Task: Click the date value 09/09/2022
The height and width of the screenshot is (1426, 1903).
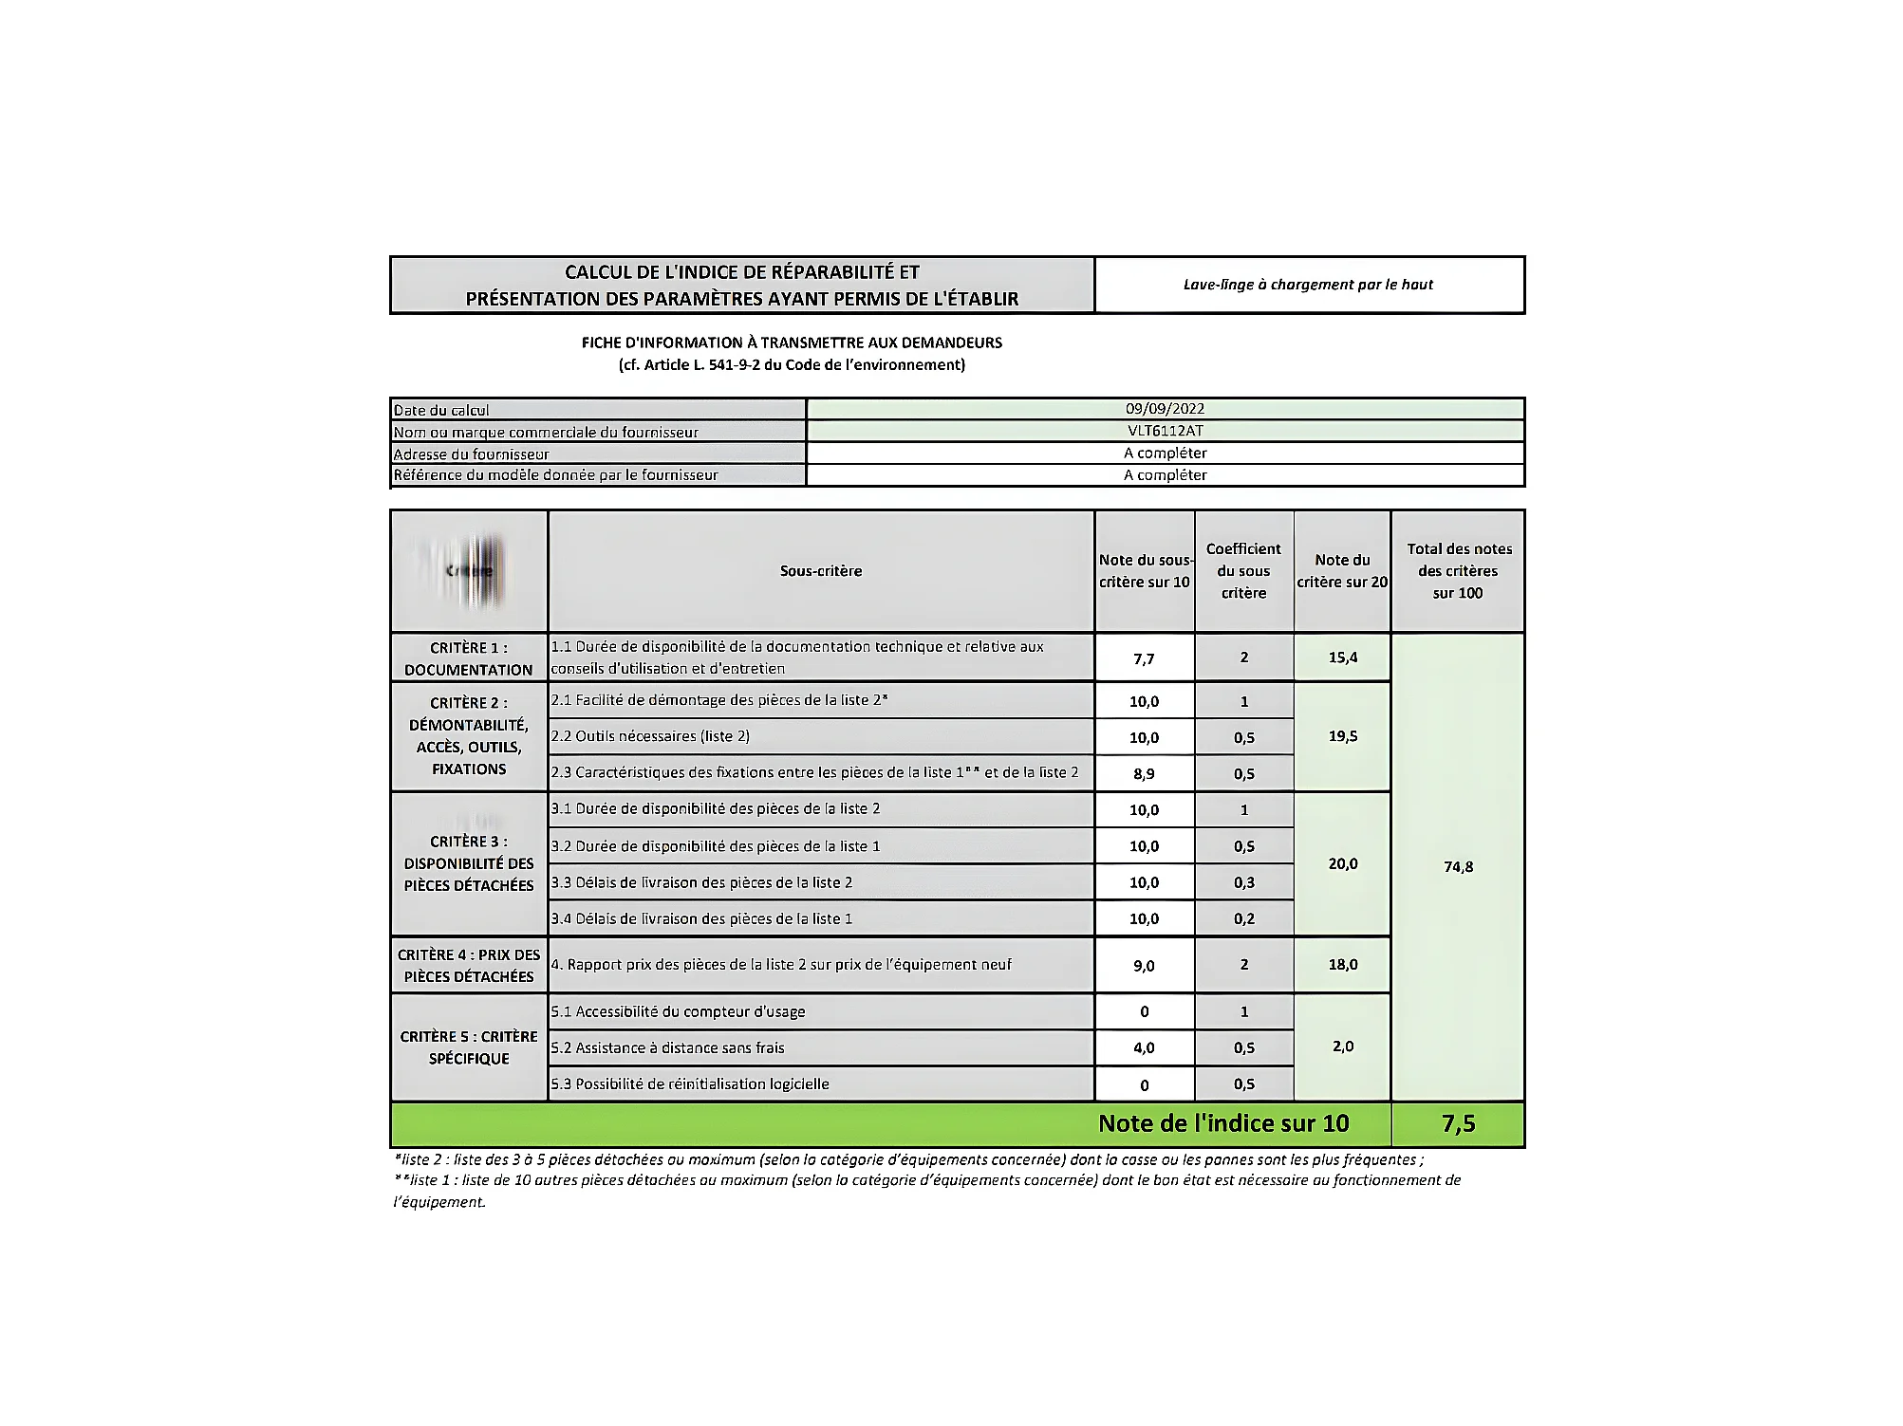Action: [1165, 409]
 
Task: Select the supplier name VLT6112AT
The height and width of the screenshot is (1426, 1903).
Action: [1165, 431]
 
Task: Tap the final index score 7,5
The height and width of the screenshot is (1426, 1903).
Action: [1458, 1124]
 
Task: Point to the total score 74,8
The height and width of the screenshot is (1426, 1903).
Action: [1458, 866]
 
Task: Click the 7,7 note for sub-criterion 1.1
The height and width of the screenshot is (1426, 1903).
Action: [1144, 658]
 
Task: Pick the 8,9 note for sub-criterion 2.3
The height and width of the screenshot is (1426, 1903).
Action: [1144, 773]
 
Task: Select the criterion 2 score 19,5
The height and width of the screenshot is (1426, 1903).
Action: [1342, 736]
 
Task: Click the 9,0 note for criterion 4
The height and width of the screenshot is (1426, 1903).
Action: [1144, 966]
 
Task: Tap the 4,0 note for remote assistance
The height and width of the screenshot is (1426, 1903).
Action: [1144, 1048]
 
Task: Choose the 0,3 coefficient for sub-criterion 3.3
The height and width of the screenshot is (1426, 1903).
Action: [1243, 882]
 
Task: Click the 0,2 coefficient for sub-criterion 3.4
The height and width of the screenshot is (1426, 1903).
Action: [1243, 918]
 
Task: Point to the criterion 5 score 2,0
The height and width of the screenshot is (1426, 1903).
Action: [1342, 1046]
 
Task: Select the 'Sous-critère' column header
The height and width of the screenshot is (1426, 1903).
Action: [821, 571]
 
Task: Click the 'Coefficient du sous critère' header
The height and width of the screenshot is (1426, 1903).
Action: [1243, 571]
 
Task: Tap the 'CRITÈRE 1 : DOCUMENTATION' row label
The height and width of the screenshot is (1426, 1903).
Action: [469, 658]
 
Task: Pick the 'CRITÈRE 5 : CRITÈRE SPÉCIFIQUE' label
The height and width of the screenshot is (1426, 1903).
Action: [469, 1047]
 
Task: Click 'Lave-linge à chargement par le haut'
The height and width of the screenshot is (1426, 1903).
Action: [1308, 285]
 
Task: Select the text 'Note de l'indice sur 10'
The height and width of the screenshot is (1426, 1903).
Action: [1222, 1124]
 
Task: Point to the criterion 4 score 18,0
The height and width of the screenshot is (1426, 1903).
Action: [1342, 965]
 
